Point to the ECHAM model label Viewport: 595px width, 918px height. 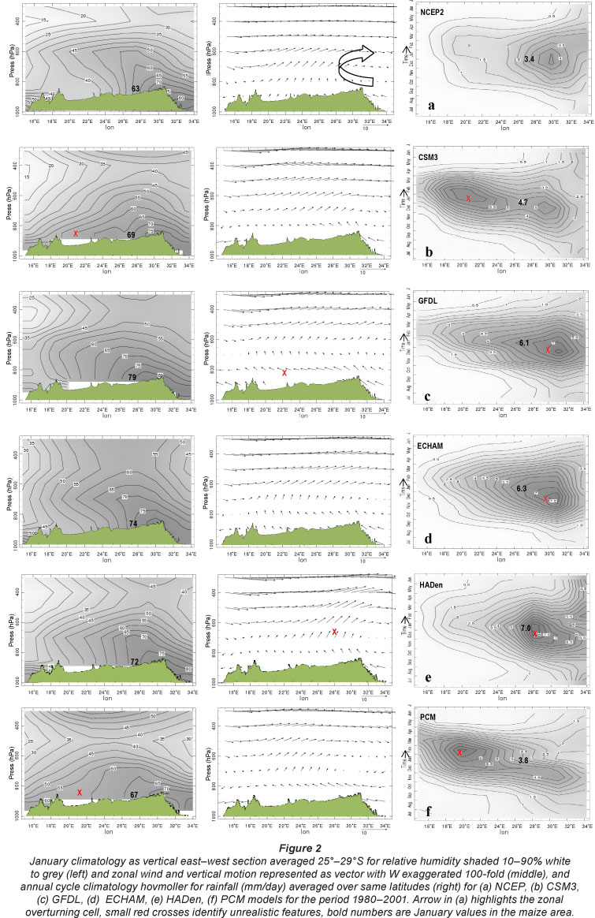pos(434,446)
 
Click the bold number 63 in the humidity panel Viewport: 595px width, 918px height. pos(136,89)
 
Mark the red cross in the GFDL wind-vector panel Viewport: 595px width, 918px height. pos(284,372)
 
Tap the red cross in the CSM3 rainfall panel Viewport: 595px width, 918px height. pos(468,199)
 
